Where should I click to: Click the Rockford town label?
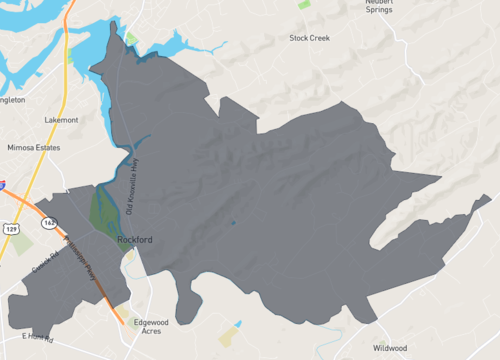(133, 240)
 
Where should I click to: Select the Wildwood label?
(390, 348)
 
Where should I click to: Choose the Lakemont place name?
(61, 120)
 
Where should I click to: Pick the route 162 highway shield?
(47, 223)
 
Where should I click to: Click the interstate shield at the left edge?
(3, 185)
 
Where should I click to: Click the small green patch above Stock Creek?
(304, 5)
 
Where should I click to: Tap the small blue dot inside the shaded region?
(232, 222)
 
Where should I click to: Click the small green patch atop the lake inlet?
(131, 39)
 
